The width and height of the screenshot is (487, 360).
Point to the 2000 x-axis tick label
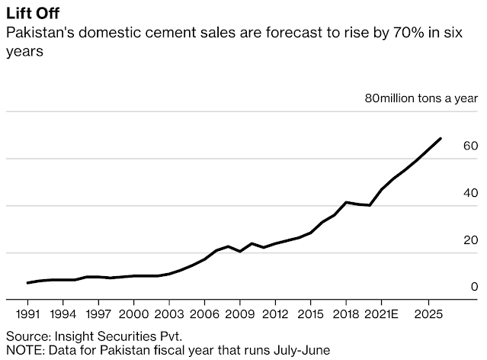[133, 313]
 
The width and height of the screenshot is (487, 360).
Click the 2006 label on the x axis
[204, 313]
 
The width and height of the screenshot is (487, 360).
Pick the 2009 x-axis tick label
[240, 313]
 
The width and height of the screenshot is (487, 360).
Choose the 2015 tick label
[310, 313]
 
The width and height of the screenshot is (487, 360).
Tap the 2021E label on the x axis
[384, 313]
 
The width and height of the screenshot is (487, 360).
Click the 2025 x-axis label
[428, 313]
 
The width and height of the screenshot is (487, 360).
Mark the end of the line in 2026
[441, 139]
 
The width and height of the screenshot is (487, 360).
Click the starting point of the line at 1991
[28, 283]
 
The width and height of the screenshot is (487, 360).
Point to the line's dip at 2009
[240, 251]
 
